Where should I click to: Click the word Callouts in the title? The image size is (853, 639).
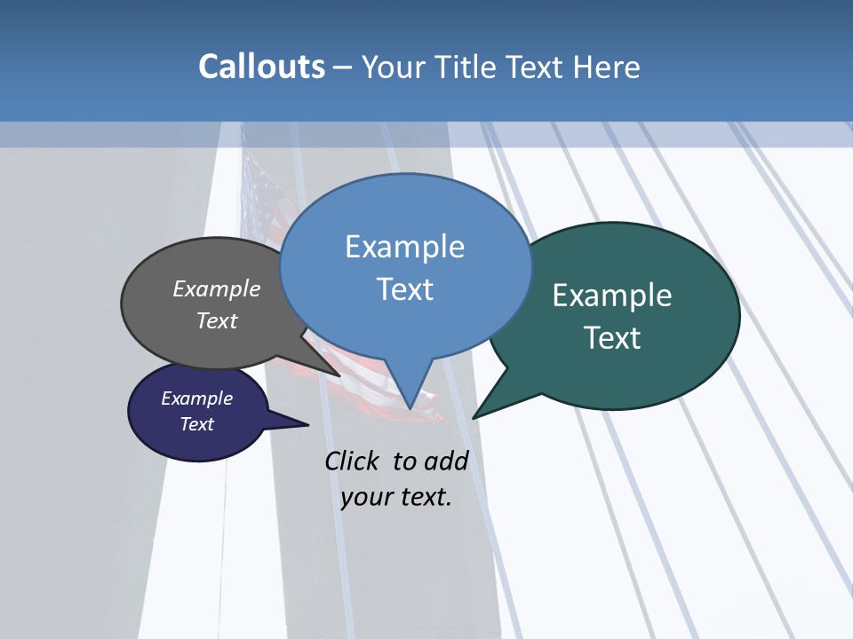tap(261, 67)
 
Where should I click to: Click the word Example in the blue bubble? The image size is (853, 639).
tap(404, 247)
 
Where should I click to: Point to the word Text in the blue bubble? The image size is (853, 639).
tap(404, 289)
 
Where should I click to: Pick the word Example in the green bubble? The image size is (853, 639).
tap(612, 296)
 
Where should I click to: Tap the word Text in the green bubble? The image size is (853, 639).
tap(612, 338)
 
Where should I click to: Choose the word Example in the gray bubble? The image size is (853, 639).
tap(217, 288)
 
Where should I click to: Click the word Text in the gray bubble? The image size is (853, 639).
tap(217, 320)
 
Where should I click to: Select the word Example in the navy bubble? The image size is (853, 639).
tap(197, 398)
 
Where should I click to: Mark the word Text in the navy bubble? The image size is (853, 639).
tap(197, 424)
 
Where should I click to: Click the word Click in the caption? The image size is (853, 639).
tap(355, 461)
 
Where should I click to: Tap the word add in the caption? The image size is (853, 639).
tap(446, 461)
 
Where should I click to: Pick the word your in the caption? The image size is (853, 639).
tap(365, 497)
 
